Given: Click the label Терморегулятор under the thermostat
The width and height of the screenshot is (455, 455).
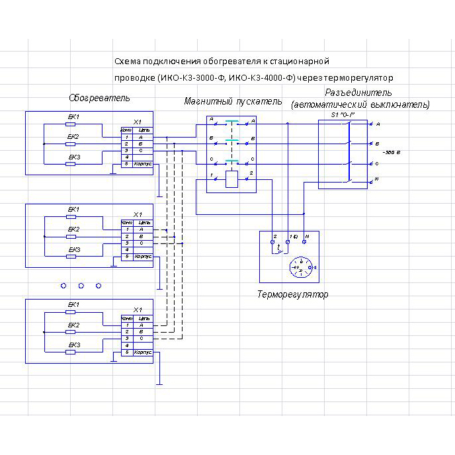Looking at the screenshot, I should coord(292,294).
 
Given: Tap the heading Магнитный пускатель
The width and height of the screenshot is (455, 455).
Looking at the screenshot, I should coord(233,102).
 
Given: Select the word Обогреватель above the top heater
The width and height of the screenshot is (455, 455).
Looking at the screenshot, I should coord(99,98).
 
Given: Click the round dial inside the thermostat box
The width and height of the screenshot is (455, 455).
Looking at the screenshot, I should coord(300,267).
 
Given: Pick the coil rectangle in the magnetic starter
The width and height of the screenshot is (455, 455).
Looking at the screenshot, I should coord(231,179).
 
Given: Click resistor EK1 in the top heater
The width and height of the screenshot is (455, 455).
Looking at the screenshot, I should coord(71,124).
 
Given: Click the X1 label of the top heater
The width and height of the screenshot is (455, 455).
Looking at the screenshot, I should coord(138,122).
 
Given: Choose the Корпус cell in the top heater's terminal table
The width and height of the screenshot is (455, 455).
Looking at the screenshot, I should coord(143,163).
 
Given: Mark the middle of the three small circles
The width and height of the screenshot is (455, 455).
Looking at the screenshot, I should coord(81,286).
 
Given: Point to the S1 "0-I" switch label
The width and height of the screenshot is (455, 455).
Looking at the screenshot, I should coord(343,115).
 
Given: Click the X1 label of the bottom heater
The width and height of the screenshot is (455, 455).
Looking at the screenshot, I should coord(138,310).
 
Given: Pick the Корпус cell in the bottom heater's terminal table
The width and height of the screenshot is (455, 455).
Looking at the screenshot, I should coord(143,352).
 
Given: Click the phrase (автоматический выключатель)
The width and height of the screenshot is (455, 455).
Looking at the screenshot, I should coord(360,104).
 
